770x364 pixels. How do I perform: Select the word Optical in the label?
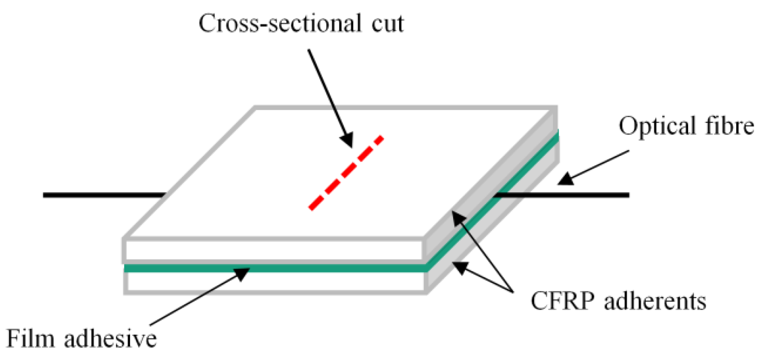click(657, 126)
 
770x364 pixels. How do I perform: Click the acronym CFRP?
click(563, 301)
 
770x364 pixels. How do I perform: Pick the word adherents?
click(655, 301)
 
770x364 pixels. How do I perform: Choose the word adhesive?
click(110, 339)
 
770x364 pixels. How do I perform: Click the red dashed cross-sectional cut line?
click(346, 173)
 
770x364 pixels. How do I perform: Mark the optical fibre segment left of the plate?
click(104, 195)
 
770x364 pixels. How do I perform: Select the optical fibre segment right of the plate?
click(563, 195)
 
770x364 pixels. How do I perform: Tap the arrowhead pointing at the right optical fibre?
click(565, 179)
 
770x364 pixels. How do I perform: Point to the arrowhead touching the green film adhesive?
click(242, 273)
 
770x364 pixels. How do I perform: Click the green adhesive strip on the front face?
click(275, 268)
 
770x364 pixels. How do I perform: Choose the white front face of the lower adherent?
click(275, 283)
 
